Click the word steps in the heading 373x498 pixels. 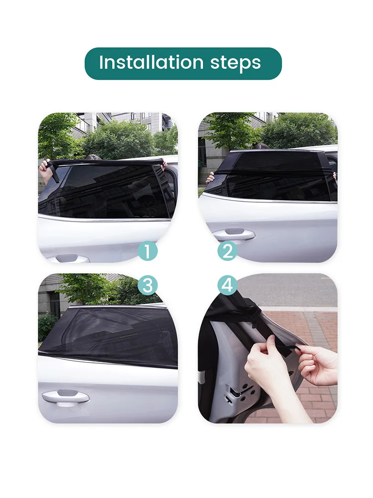[236, 64]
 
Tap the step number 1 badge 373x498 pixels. [148, 251]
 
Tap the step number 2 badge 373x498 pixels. [227, 251]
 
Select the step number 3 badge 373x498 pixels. [148, 285]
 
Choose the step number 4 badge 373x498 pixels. [227, 285]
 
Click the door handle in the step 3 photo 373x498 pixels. [66, 397]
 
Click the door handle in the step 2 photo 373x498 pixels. [234, 235]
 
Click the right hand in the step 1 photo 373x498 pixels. [164, 164]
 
